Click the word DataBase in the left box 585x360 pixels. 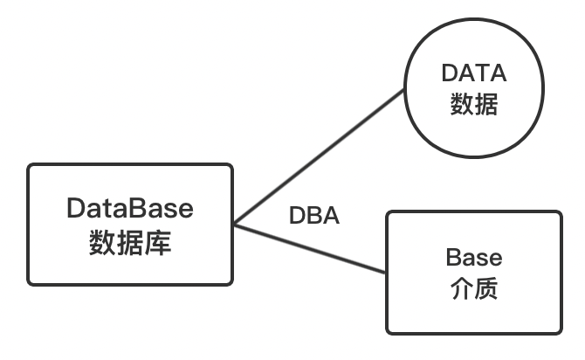[130, 210]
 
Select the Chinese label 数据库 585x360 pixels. [130, 241]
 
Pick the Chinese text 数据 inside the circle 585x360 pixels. [474, 105]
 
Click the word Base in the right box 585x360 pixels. [474, 258]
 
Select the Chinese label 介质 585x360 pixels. [474, 288]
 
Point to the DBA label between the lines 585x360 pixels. [314, 216]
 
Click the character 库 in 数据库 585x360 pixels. [158, 241]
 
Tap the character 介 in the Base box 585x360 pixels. [460, 288]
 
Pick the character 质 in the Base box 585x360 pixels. [487, 288]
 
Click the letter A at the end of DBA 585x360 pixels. [330, 216]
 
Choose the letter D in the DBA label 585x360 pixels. [298, 216]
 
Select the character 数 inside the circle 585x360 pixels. [461, 105]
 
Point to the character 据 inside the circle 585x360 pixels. [487, 105]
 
